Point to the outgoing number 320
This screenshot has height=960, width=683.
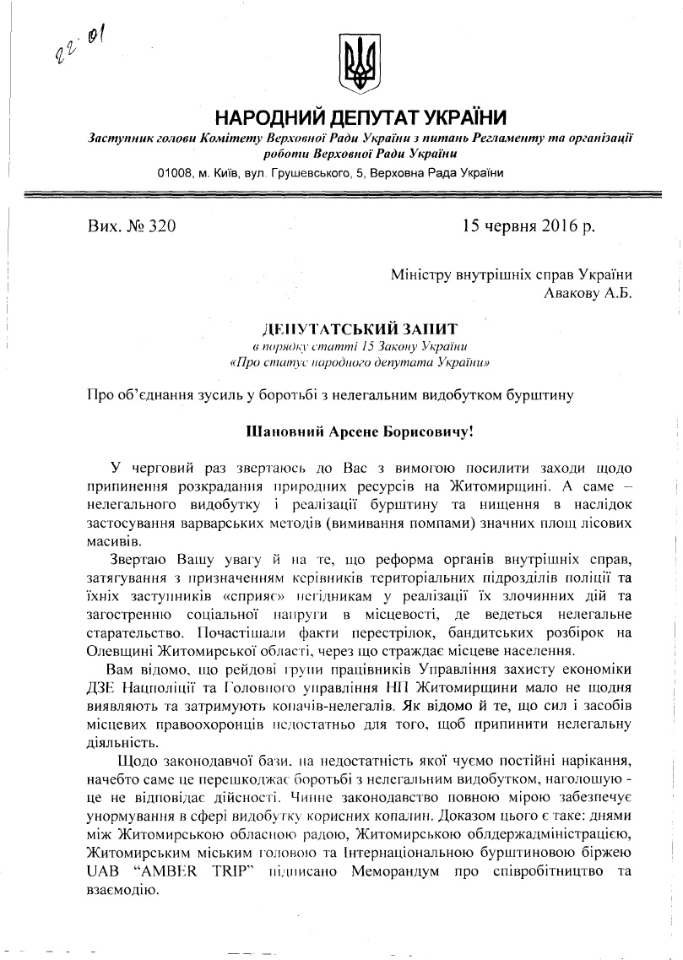click(160, 226)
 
